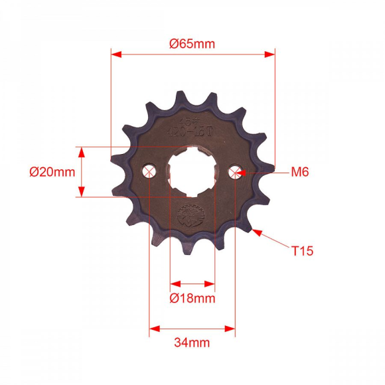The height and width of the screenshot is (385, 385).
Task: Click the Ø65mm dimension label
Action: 193,44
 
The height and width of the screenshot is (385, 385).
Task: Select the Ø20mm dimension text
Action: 52,172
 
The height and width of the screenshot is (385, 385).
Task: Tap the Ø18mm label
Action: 193,298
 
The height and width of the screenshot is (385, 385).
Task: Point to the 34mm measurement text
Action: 192,343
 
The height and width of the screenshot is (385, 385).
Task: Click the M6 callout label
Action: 300,172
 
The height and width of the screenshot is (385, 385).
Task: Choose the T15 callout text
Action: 302,251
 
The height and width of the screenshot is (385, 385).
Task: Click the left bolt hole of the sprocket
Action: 150,173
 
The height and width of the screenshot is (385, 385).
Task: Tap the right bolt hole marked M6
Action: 234,173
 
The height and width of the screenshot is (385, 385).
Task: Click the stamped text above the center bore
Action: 193,126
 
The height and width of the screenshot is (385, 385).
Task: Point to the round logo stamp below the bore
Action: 193,216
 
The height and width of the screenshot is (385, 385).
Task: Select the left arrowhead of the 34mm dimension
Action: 154,328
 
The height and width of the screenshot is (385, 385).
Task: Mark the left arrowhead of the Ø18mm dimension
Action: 174,282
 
